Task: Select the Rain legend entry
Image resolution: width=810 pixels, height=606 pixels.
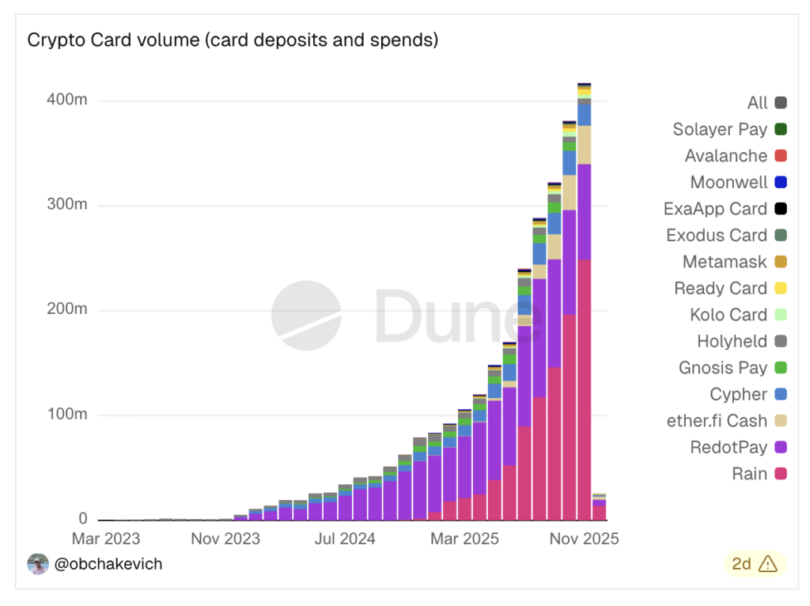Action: pos(748,474)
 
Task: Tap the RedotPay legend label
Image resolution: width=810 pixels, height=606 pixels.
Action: pos(728,448)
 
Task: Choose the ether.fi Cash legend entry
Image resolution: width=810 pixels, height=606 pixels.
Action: pos(717,421)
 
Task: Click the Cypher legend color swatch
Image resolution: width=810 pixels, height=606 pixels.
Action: pos(781,395)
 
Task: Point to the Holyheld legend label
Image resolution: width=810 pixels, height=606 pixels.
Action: pos(732,342)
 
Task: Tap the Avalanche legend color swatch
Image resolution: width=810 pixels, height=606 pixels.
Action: pos(781,157)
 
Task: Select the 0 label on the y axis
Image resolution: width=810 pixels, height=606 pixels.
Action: pos(82,520)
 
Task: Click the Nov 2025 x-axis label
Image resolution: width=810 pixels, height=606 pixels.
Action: pos(585,539)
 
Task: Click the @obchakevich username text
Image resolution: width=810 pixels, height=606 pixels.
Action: pos(108,564)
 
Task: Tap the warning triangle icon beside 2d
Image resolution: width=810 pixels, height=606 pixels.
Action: pos(767,564)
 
